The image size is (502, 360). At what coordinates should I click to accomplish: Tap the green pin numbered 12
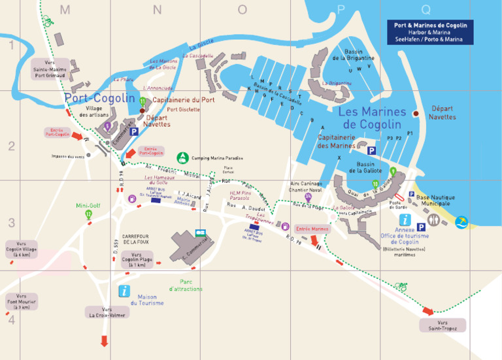(88, 214)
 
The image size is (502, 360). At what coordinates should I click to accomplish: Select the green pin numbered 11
(142, 101)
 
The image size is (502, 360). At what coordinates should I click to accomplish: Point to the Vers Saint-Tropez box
(447, 325)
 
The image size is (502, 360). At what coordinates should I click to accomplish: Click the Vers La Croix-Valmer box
(106, 312)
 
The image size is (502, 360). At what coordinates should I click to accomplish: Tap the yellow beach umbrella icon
(462, 223)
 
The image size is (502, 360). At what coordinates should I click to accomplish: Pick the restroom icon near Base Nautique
(410, 194)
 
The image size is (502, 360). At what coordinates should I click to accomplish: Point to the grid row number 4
(11, 319)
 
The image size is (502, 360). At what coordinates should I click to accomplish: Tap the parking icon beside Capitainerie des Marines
(371, 150)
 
